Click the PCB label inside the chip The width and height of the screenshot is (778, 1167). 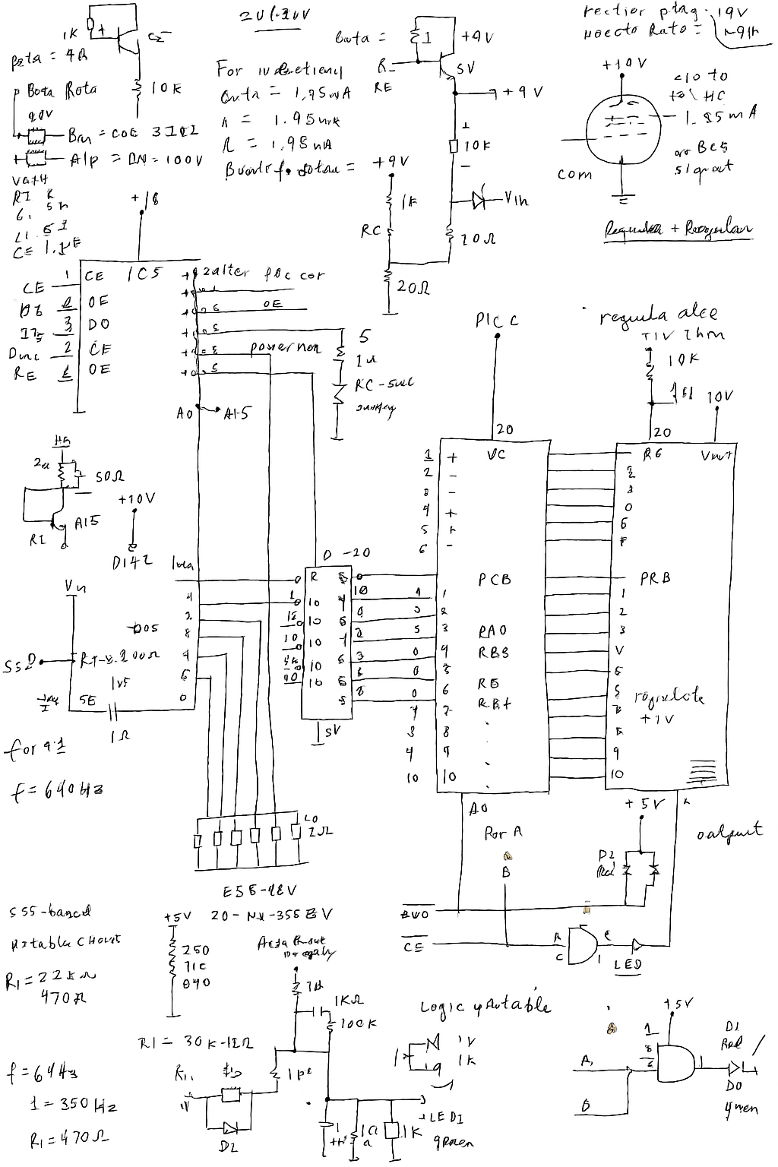(495, 580)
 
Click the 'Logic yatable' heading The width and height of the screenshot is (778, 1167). (485, 1007)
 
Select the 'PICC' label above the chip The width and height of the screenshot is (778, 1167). (498, 321)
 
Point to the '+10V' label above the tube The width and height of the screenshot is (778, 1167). (624, 65)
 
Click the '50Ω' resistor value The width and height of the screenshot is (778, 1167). (109, 476)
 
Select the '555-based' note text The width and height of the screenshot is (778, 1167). (50, 911)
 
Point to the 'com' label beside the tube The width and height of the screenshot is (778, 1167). (574, 174)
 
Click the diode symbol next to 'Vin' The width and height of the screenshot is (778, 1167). (479, 201)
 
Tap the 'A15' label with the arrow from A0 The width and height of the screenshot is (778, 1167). (236, 414)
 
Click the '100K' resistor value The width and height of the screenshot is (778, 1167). (359, 1023)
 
